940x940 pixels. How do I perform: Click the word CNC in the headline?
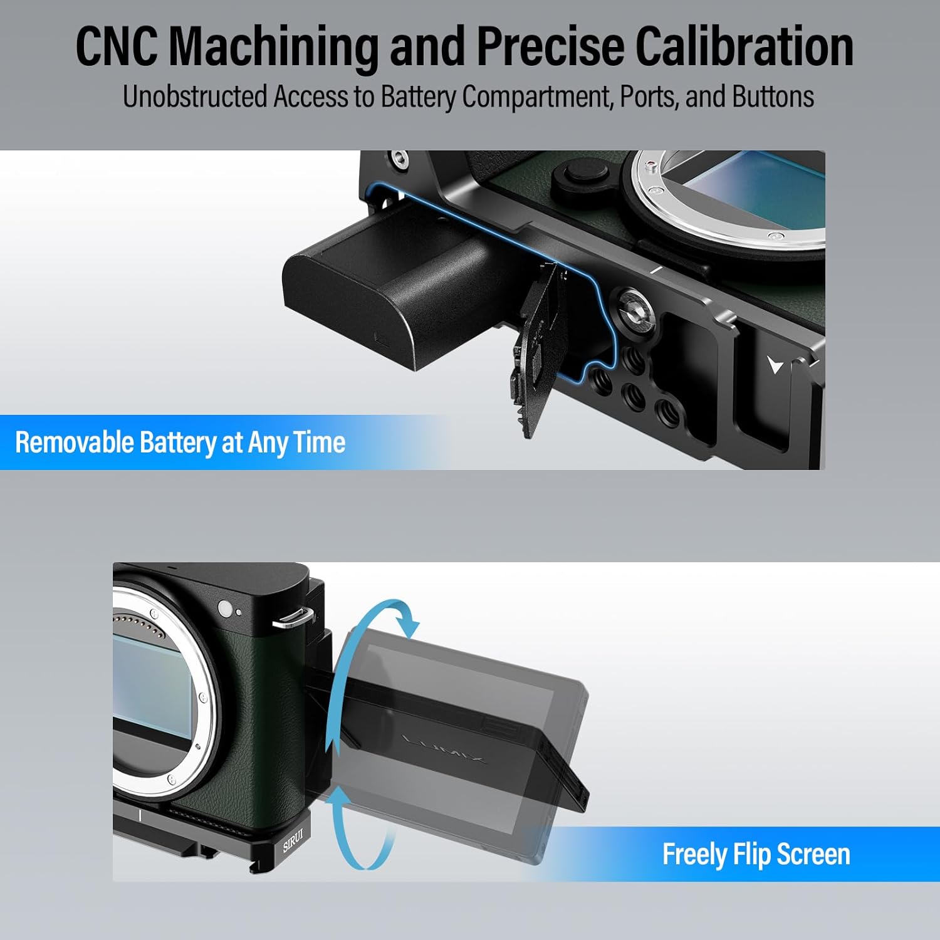tap(117, 46)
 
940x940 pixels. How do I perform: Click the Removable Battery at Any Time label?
tap(180, 442)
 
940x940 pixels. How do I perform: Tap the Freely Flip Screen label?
tap(756, 854)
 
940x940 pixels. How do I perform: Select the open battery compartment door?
tap(535, 351)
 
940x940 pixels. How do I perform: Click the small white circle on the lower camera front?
tap(225, 608)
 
